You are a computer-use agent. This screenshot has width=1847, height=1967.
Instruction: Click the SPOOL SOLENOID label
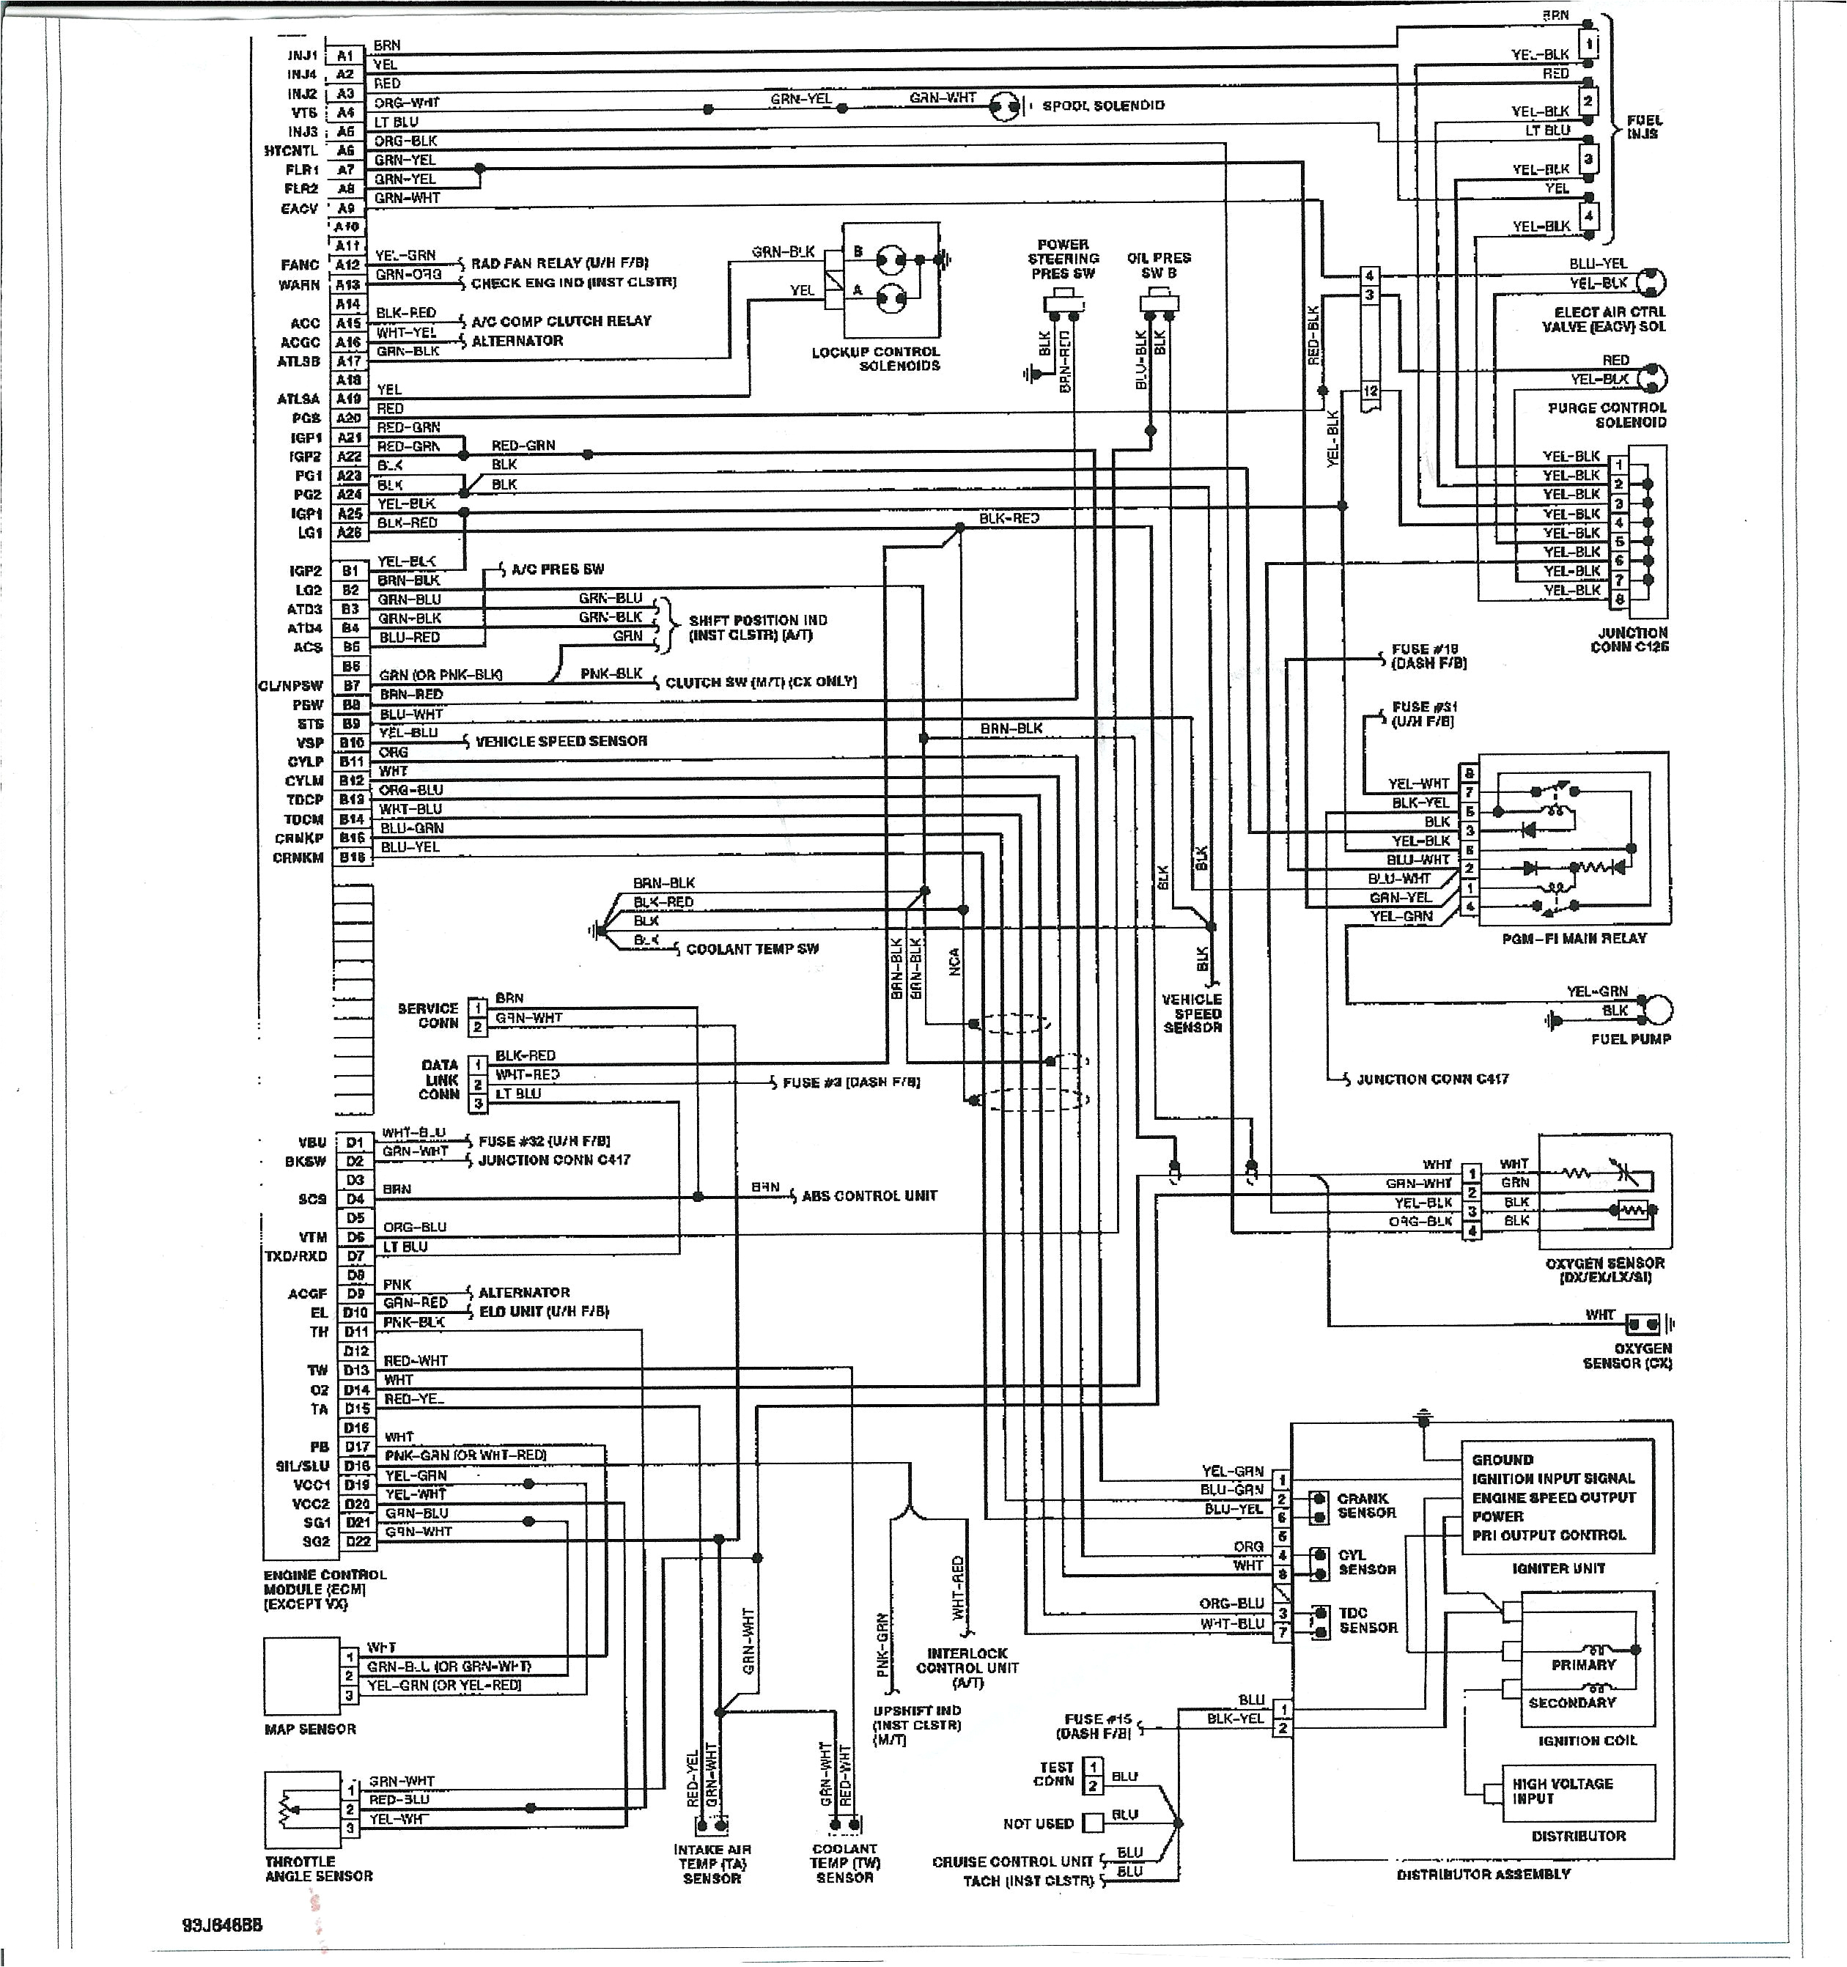[1103, 106]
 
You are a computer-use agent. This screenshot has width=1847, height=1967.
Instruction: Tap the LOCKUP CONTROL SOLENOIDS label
[876, 359]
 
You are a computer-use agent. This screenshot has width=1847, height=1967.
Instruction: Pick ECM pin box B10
[351, 743]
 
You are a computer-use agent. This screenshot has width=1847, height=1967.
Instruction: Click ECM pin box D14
[356, 1390]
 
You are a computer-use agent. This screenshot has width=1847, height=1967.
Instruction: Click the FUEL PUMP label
[1630, 1039]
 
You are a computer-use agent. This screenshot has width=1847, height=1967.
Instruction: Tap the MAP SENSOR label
[309, 1729]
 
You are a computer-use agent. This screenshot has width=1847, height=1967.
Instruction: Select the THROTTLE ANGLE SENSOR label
[319, 1868]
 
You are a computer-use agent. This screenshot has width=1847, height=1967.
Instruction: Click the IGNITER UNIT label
[1558, 1568]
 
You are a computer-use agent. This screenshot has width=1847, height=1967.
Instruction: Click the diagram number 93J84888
[223, 1925]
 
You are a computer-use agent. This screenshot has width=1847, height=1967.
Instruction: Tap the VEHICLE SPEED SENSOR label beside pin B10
[561, 741]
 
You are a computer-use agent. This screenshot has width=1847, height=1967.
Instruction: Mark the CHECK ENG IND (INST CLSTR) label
[573, 283]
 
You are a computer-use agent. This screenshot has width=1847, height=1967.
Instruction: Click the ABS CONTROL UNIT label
[869, 1195]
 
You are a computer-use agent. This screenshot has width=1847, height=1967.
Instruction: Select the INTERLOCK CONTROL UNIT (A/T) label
[967, 1667]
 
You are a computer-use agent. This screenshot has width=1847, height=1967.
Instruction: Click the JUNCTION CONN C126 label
[1629, 639]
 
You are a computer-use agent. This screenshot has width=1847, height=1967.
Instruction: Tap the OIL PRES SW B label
[1159, 265]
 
